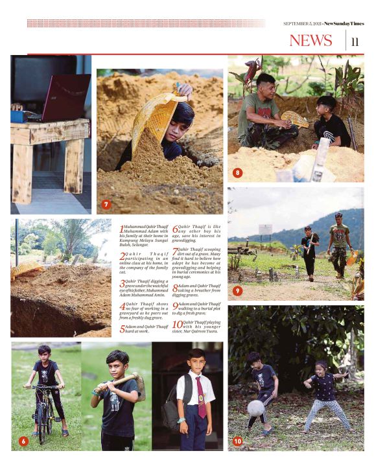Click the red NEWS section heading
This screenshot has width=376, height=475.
[x=310, y=40]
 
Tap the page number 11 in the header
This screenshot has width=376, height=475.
[x=355, y=41]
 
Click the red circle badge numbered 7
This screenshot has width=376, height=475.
[x=107, y=204]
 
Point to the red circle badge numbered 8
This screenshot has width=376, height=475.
[x=238, y=173]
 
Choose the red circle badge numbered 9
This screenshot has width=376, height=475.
[x=238, y=291]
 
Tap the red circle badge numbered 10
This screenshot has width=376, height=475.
[x=238, y=441]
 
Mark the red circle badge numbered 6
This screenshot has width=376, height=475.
[x=23, y=441]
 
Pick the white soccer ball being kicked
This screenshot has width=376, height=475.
[x=256, y=408]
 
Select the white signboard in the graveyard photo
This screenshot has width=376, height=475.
[x=265, y=229]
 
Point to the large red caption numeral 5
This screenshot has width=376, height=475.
[x=123, y=329]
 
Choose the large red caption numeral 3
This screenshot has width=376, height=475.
[x=123, y=283]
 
